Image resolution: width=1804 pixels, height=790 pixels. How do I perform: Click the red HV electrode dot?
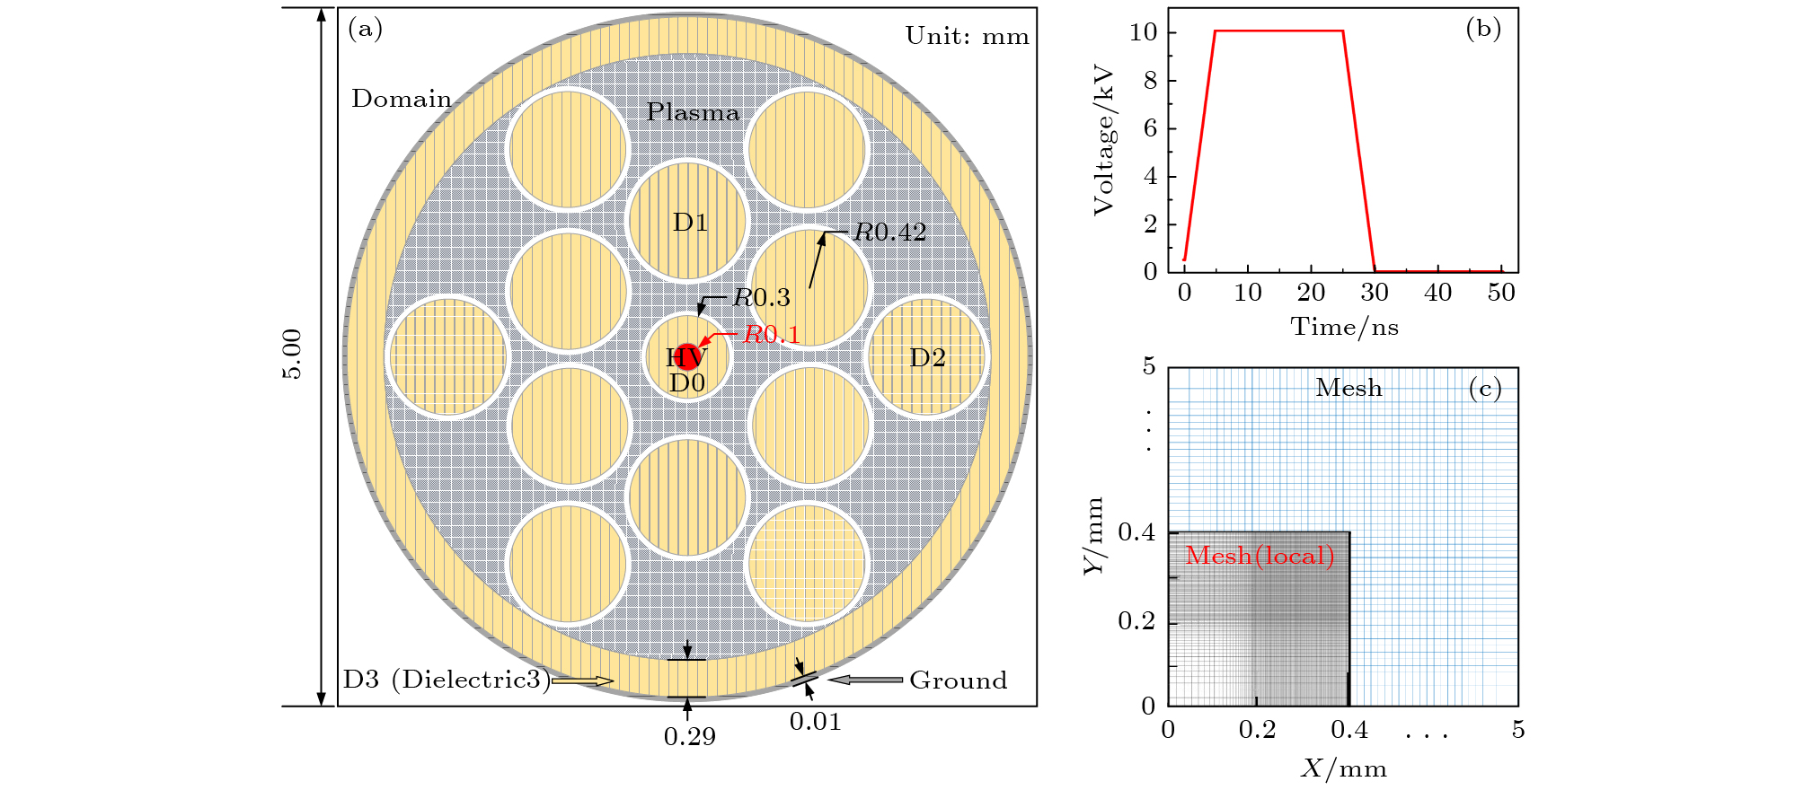pos(687,356)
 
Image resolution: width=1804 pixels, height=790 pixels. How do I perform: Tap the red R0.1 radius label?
pos(771,335)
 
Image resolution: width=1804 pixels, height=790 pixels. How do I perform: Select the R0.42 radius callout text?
pos(889,233)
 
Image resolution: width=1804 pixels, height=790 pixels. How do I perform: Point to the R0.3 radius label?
pos(761,297)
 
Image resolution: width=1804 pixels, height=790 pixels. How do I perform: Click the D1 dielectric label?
pos(690,223)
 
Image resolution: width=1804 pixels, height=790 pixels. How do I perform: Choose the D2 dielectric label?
pos(927,358)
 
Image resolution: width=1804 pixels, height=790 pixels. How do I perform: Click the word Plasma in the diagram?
pos(693,112)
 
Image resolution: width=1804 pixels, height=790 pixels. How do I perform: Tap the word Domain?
pos(402,99)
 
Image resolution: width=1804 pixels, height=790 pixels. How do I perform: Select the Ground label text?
pos(958,680)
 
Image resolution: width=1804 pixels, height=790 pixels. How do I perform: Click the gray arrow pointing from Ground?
pos(865,680)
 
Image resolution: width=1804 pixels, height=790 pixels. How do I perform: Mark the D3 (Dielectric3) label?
pos(446,680)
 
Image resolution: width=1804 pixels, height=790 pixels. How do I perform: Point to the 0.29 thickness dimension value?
pos(689,737)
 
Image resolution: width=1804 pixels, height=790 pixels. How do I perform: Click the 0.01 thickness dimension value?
pos(815,722)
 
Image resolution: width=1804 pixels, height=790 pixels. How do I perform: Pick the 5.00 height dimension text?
pos(293,355)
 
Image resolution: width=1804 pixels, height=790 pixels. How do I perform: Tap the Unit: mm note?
pos(967,37)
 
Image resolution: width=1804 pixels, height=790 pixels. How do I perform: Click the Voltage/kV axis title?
pos(1104,140)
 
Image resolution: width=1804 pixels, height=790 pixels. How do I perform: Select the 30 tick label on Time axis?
pos(1374,293)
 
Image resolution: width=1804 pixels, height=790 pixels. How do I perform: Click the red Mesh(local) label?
pos(1260,557)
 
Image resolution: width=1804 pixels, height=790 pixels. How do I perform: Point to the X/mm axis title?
pos(1343,768)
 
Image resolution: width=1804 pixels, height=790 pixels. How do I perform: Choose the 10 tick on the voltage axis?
pos(1143,32)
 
